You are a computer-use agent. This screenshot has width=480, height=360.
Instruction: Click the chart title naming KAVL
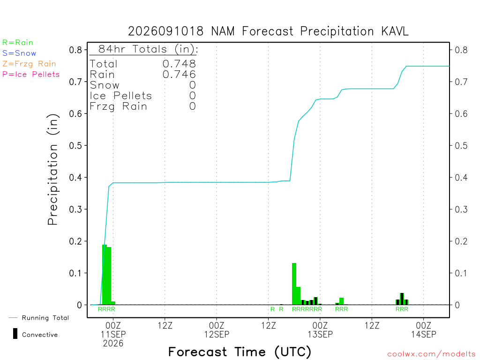(268, 31)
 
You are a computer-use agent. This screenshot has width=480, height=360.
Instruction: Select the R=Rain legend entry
(18, 43)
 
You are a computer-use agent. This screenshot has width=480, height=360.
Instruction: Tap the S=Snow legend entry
(19, 53)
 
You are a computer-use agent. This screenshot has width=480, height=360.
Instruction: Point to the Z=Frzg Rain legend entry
(29, 64)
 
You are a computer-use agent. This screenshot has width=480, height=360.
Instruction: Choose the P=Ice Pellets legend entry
(31, 75)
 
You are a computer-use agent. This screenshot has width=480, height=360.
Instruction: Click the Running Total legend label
(45, 318)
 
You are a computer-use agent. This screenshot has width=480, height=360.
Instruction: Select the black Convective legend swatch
(15, 334)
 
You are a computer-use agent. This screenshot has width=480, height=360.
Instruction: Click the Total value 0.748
(179, 64)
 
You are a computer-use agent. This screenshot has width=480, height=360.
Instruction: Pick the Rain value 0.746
(179, 75)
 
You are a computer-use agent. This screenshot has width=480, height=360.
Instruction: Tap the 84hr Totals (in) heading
(148, 49)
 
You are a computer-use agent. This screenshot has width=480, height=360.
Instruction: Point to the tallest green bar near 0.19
(105, 275)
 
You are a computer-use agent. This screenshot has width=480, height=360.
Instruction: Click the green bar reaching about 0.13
(294, 284)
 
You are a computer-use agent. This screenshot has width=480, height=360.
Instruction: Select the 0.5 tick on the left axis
(75, 145)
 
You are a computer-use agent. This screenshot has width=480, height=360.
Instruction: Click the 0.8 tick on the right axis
(461, 50)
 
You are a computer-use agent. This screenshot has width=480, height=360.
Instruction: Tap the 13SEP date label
(320, 334)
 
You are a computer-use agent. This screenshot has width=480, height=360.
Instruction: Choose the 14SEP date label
(424, 334)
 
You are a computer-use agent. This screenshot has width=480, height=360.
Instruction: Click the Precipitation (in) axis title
(52, 169)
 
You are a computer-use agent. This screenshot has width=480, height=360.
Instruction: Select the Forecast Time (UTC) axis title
(240, 352)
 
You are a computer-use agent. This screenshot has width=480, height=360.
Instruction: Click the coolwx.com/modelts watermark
(431, 354)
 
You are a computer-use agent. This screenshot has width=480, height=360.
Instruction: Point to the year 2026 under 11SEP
(113, 344)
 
